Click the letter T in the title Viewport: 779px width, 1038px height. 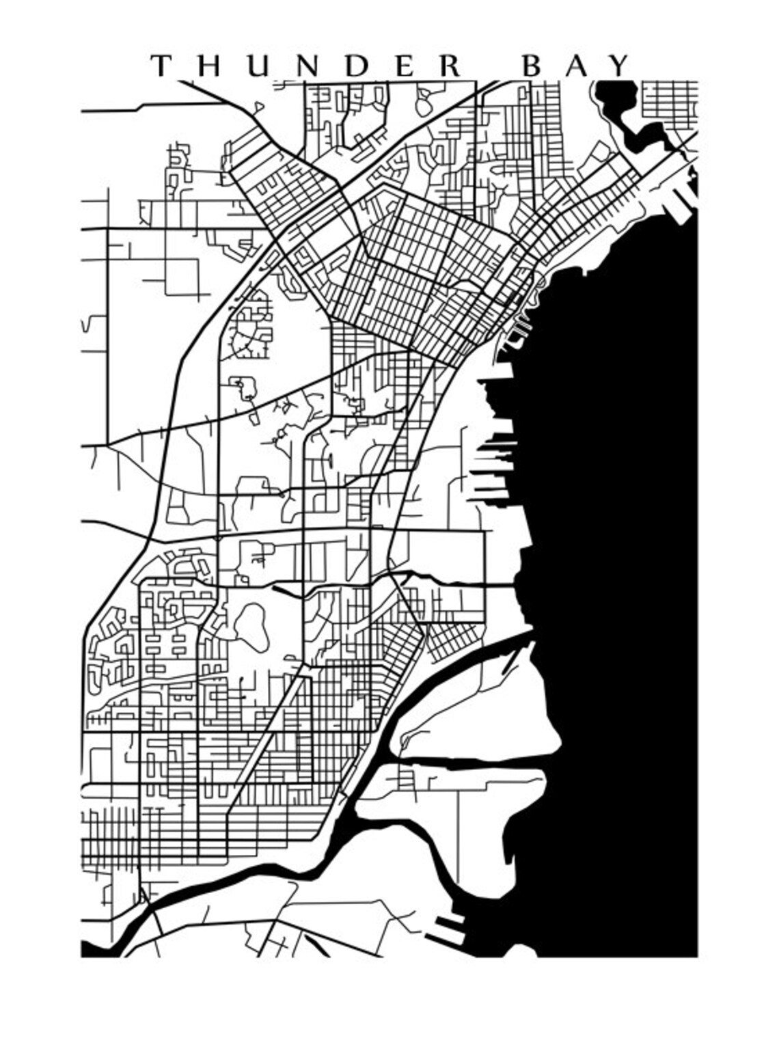161,66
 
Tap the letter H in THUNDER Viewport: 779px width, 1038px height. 206,66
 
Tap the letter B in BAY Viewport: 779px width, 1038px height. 533,66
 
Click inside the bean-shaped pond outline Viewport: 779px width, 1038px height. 251,625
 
